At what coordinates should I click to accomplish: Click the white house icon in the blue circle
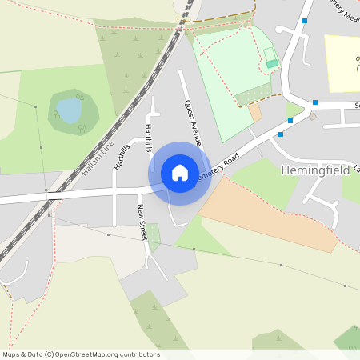(x=179, y=173)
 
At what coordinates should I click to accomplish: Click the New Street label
(x=142, y=222)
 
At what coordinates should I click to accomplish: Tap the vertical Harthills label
(x=148, y=137)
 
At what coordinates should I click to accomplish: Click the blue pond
(x=70, y=110)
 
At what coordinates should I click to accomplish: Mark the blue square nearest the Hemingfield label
(x=281, y=134)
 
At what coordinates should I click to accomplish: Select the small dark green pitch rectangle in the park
(x=272, y=63)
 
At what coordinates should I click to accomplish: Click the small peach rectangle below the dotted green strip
(x=255, y=113)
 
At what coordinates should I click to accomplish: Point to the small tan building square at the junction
(x=313, y=116)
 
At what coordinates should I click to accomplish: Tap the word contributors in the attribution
(x=140, y=354)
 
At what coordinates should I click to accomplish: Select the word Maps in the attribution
(x=11, y=354)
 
